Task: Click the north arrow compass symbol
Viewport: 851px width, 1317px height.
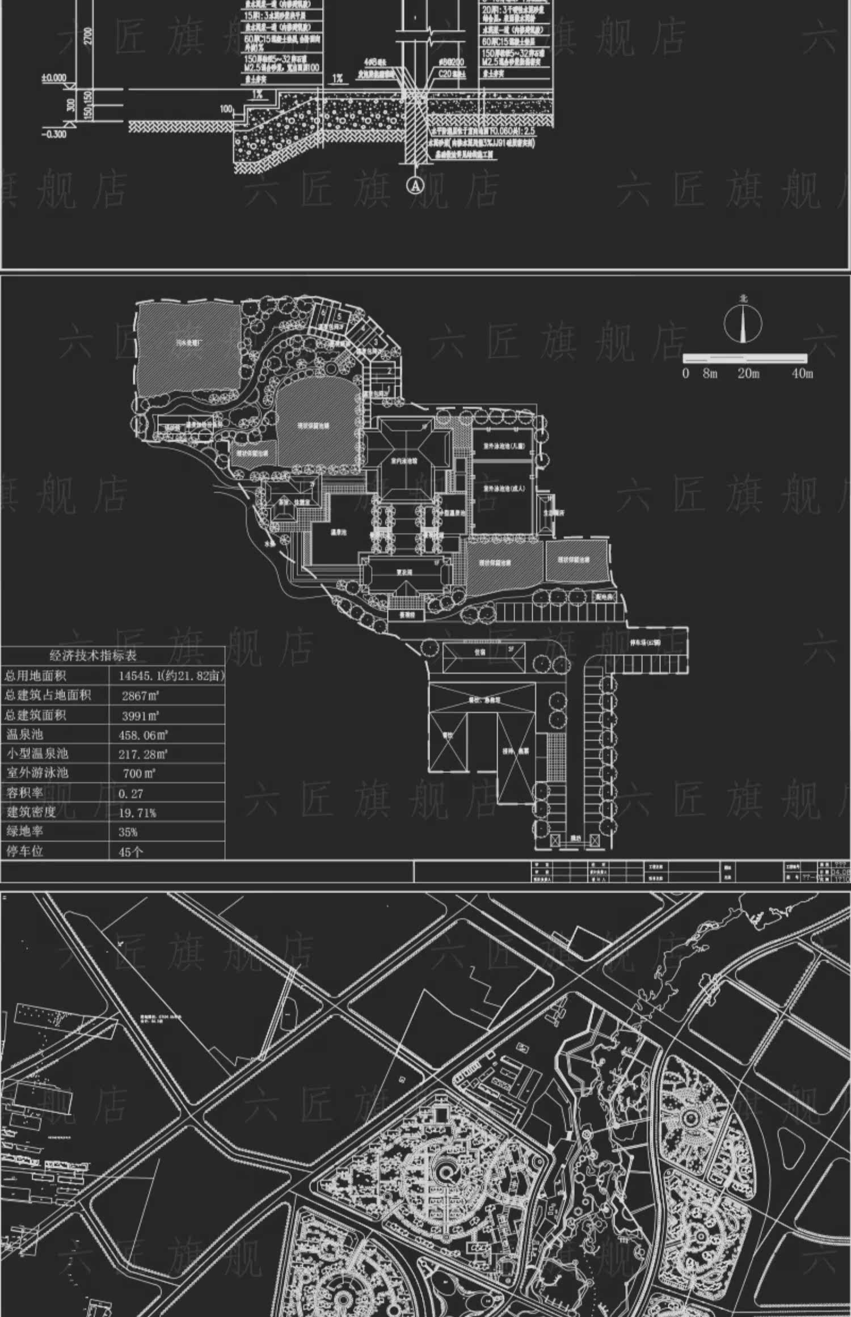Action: tap(743, 323)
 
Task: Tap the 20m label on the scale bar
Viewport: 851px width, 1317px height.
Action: tap(748, 373)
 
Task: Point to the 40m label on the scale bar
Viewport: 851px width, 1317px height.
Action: tap(802, 373)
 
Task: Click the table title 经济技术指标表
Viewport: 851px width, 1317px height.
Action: tap(93, 656)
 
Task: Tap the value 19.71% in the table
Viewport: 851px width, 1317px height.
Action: tap(137, 813)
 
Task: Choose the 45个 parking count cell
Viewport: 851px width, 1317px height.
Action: tap(131, 851)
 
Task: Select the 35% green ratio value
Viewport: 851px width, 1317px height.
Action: tap(128, 832)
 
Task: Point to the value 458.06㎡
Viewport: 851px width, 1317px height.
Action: tap(143, 735)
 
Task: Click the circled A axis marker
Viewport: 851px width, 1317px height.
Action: tap(417, 185)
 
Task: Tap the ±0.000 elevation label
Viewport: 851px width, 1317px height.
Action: tap(53, 78)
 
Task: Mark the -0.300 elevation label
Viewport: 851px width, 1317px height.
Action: tap(53, 134)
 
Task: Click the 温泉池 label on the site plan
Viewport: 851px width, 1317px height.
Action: tap(339, 533)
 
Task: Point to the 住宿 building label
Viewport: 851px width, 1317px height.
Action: tap(480, 652)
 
